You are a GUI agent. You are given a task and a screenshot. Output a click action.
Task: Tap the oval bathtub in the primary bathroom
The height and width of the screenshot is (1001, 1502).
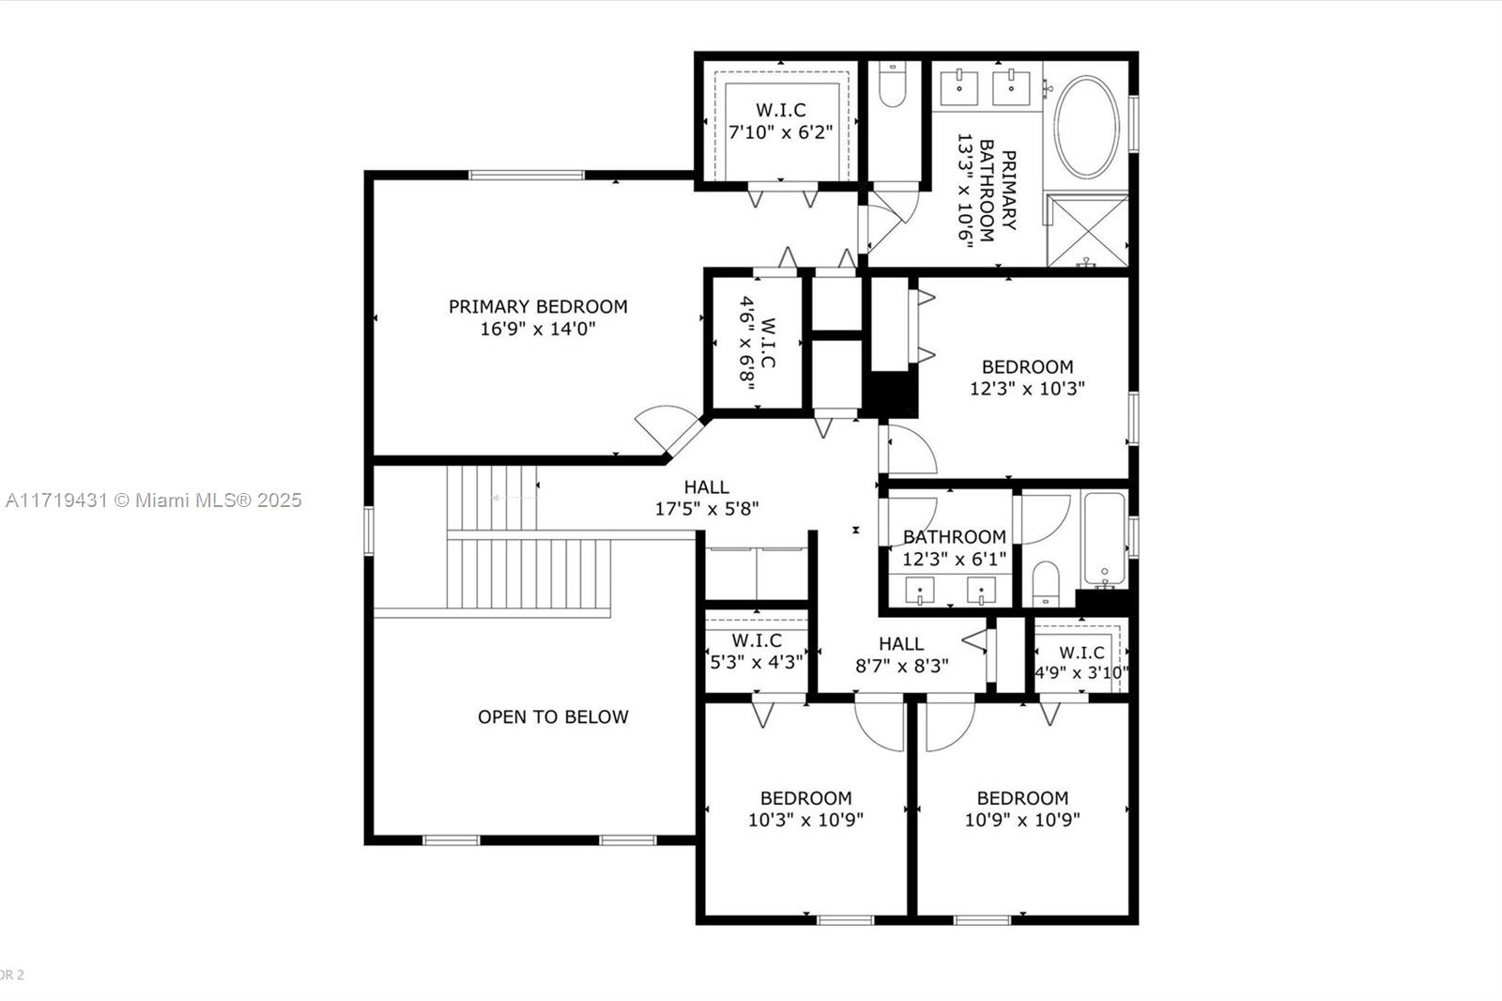pyautogui.click(x=1086, y=127)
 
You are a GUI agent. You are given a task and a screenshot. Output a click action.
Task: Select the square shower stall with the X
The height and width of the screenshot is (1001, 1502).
pyautogui.click(x=1088, y=230)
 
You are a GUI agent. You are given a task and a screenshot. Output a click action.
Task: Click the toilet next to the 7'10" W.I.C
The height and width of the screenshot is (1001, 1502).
pyautogui.click(x=892, y=84)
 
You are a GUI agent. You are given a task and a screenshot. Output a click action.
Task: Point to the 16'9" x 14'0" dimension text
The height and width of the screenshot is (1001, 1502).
pyautogui.click(x=538, y=329)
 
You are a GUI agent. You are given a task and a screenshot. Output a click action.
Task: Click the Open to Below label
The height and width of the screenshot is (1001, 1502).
pyautogui.click(x=553, y=717)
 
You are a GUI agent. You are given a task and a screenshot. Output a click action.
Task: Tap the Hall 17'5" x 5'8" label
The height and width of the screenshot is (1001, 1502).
pyautogui.click(x=707, y=498)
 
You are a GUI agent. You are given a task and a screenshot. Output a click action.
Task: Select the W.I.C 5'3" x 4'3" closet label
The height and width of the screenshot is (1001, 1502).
pyautogui.click(x=757, y=652)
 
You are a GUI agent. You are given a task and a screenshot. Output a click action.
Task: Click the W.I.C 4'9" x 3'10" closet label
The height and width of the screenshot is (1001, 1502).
pyautogui.click(x=1081, y=662)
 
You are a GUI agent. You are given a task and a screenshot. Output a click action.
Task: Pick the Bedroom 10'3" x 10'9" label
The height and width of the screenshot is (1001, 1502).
pyautogui.click(x=806, y=808)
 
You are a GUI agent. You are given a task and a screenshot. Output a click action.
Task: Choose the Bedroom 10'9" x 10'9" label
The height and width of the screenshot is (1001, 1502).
pyautogui.click(x=1022, y=808)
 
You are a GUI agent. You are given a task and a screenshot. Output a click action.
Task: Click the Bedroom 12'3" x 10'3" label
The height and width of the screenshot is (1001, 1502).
pyautogui.click(x=1027, y=377)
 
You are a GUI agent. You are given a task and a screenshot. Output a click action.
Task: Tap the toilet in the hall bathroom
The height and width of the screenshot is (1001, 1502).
pyautogui.click(x=1046, y=583)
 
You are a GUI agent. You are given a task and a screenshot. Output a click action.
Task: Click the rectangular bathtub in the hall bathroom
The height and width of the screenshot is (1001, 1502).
pyautogui.click(x=1104, y=541)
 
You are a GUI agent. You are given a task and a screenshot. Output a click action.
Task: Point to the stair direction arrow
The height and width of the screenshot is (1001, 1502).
pyautogui.click(x=513, y=498)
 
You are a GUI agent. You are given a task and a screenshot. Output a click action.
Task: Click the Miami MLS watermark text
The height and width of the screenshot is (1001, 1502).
pyautogui.click(x=154, y=500)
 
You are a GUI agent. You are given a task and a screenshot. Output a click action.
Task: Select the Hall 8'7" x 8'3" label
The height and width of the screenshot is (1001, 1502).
pyautogui.click(x=902, y=654)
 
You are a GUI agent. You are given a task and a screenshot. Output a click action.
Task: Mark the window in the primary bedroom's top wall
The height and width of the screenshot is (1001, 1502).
pyautogui.click(x=527, y=175)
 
